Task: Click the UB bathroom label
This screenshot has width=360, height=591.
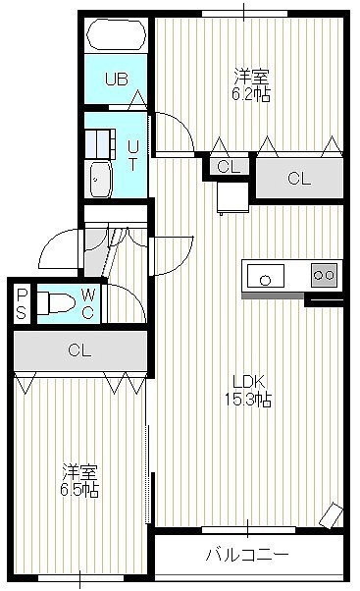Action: (117, 80)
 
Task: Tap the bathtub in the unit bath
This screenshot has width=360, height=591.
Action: (116, 34)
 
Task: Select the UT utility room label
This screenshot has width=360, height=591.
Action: (132, 155)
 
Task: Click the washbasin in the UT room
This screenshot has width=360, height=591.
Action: (101, 180)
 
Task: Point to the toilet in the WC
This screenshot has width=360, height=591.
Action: (56, 302)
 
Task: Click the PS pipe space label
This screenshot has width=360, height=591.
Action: (22, 303)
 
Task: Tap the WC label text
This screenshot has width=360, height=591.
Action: (88, 303)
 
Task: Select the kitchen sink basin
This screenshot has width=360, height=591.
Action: (266, 276)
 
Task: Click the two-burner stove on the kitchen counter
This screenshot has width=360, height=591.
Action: (325, 275)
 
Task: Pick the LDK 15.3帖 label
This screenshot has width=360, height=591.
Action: (248, 391)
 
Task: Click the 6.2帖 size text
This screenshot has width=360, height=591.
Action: (251, 94)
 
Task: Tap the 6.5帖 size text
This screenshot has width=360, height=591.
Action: (79, 490)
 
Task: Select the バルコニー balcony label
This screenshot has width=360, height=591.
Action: (247, 555)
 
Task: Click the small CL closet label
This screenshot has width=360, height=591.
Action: (229, 167)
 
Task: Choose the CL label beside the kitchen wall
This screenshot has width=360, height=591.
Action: (299, 179)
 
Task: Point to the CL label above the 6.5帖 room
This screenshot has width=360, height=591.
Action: (79, 350)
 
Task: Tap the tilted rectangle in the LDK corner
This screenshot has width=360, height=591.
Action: (332, 515)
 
